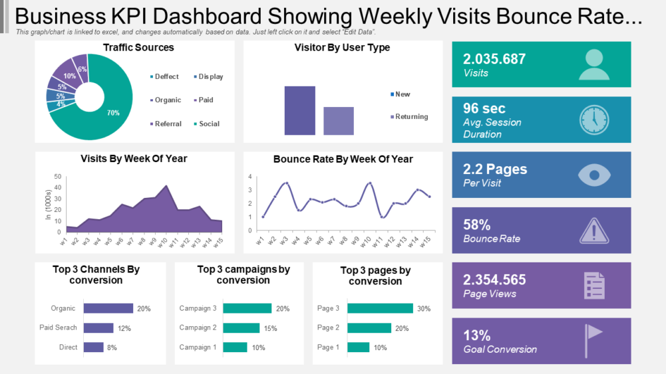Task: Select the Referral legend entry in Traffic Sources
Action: [x=167, y=124]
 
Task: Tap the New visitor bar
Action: [x=299, y=110]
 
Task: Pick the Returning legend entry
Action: [x=411, y=116]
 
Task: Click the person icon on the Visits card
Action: [x=593, y=64]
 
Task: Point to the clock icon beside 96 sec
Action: [x=593, y=120]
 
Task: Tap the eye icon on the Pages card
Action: [x=593, y=175]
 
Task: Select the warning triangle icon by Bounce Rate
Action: [x=593, y=231]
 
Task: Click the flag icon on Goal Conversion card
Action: [x=593, y=341]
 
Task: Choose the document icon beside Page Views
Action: [x=593, y=286]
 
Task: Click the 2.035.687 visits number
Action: [x=494, y=58]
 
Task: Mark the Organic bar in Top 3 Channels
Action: [x=108, y=308]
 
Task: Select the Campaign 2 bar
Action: [x=241, y=327]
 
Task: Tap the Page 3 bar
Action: [x=380, y=308]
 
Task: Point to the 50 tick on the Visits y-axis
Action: [x=57, y=177]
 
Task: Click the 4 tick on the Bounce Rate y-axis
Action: [x=250, y=177]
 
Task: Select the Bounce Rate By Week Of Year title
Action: [x=343, y=159]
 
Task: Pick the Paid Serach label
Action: [x=58, y=327]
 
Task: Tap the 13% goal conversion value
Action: [x=477, y=335]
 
